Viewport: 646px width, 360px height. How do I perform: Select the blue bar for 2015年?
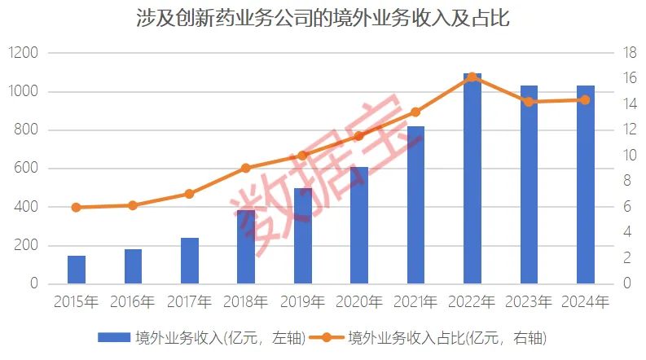coord(77,270)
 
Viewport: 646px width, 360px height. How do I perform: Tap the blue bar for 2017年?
coord(190,261)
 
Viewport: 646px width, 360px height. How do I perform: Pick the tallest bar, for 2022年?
coord(472,179)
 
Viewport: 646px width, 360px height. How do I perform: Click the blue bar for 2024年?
coord(586,185)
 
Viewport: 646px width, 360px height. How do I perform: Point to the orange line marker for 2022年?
coord(472,77)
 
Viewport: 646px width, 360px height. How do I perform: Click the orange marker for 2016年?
coord(133,205)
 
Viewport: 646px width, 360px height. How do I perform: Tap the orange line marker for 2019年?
coord(302,156)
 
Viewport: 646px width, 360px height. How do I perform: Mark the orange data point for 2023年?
coord(529,102)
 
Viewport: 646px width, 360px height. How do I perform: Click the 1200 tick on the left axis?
coord(24,53)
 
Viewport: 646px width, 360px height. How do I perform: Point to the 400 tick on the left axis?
coord(28,207)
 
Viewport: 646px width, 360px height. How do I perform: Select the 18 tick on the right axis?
coord(628,53)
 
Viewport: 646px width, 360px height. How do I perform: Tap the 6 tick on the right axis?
coord(625,207)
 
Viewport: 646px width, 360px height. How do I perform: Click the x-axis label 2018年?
coord(246,302)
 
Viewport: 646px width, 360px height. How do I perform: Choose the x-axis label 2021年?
coord(415,302)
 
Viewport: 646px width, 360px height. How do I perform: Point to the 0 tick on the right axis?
coord(625,284)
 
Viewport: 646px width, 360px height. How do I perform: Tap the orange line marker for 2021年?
coord(415,112)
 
